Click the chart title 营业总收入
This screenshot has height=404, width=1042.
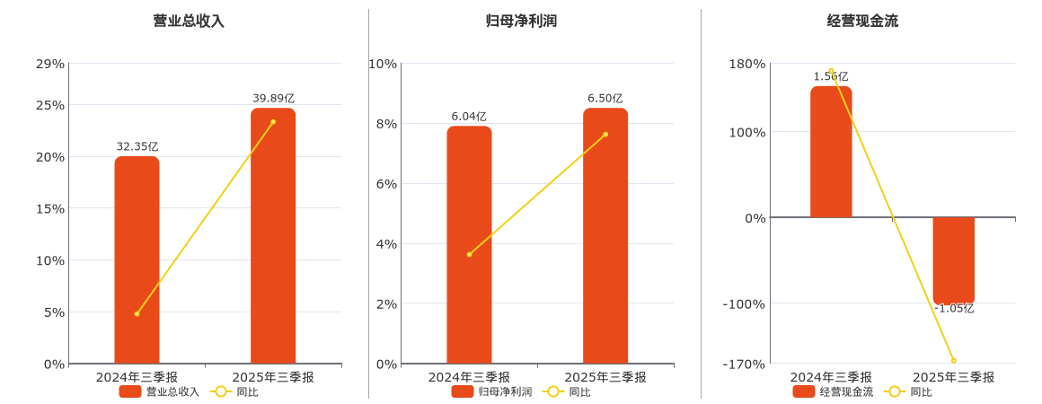[189, 21]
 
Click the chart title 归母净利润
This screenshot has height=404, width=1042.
[521, 21]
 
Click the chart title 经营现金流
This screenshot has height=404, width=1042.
[862, 21]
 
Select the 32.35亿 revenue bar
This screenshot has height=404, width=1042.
[137, 260]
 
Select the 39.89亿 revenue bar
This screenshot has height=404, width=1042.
[273, 236]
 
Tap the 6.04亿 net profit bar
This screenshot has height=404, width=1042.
[469, 245]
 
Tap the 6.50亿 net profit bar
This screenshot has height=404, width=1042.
[605, 236]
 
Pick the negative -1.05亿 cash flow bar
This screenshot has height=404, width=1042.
[953, 260]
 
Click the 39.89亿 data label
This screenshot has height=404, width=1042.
[273, 98]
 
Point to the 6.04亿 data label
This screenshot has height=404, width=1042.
[469, 116]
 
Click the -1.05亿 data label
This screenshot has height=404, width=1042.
[953, 309]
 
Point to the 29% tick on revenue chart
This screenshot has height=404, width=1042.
[50, 64]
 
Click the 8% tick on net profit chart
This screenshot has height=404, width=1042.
[385, 124]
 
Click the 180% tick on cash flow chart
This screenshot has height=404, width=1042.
[747, 64]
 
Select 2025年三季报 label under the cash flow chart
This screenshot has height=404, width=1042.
[953, 377]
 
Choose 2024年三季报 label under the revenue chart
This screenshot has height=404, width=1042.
[137, 377]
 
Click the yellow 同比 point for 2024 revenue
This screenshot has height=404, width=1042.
[137, 313]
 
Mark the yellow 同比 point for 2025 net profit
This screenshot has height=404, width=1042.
[605, 134]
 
